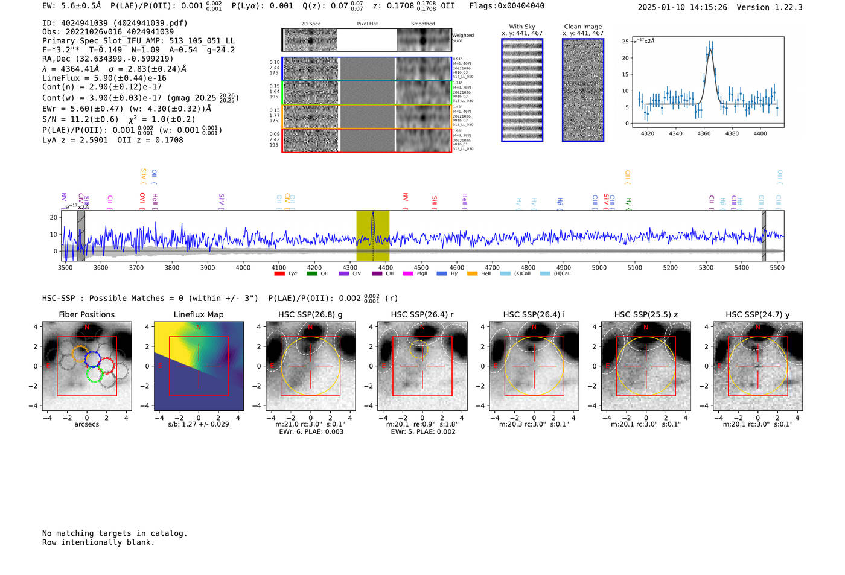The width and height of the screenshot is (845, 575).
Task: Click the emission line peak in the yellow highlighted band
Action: click(373, 213)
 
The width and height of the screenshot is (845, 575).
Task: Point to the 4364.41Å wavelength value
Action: click(80, 69)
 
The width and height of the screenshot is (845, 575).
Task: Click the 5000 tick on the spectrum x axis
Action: click(599, 267)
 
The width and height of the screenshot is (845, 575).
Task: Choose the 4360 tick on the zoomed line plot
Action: click(704, 133)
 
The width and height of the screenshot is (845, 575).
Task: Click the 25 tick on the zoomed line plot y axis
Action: click(625, 42)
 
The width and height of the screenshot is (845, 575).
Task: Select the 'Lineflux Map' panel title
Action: click(198, 314)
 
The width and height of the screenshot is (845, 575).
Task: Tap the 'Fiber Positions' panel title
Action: click(86, 314)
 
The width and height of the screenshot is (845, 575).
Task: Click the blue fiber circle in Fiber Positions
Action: click(92, 359)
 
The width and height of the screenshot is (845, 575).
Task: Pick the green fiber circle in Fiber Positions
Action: click(95, 374)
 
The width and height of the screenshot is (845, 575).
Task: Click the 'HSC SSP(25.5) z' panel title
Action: click(646, 314)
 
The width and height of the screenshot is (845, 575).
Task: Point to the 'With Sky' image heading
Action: click(522, 27)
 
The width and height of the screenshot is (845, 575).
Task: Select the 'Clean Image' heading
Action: click(583, 27)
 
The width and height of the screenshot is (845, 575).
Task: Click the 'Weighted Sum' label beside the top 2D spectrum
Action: click(462, 38)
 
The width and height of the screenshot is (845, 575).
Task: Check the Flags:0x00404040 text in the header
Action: click(506, 5)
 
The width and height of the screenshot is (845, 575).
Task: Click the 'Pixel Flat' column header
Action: click(367, 24)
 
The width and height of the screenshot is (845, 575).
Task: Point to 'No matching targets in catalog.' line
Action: click(115, 533)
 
